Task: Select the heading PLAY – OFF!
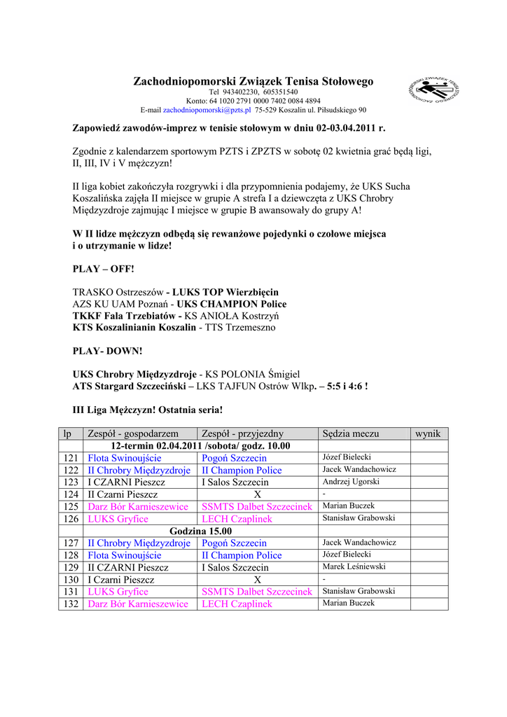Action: click(103, 269)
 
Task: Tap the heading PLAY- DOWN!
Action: click(107, 350)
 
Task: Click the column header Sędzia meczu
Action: click(350, 433)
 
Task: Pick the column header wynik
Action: click(428, 433)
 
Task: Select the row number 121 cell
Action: click(71, 458)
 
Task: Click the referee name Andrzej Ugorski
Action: click(351, 482)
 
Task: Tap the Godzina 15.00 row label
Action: click(200, 531)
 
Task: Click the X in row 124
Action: click(257, 494)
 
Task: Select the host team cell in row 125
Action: click(138, 506)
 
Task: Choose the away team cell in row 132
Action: click(237, 604)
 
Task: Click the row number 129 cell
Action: click(71, 567)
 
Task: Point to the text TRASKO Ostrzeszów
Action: click(118, 291)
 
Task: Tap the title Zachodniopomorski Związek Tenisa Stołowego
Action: click(253, 82)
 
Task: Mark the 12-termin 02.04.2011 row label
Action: click(200, 445)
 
